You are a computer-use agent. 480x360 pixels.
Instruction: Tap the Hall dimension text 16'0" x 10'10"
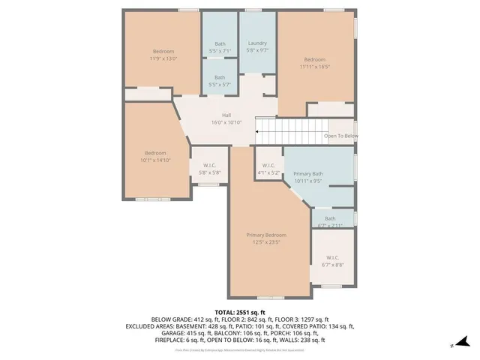[x=226, y=121]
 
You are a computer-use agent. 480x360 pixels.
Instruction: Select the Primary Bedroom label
[x=266, y=235]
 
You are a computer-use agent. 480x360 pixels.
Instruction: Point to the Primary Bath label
[x=308, y=173]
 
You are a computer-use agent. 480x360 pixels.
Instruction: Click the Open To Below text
[x=340, y=136]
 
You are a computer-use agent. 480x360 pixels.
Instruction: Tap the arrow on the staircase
[x=258, y=132]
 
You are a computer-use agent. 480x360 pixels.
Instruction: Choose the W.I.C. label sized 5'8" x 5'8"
[x=204, y=166]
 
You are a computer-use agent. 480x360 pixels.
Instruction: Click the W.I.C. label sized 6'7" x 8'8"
[x=332, y=257]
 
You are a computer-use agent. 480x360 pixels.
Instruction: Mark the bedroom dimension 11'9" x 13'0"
[x=163, y=58]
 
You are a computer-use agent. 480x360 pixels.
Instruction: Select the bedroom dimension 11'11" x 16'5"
[x=314, y=66]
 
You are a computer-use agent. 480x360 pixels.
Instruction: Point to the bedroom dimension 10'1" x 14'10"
[x=155, y=160]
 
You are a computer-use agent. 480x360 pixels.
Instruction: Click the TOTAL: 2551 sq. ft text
[x=240, y=312]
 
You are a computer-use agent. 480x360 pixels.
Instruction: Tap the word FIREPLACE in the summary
[x=168, y=340]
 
